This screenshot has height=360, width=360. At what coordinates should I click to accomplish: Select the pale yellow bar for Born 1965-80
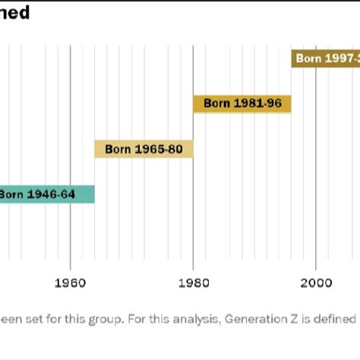click(144, 149)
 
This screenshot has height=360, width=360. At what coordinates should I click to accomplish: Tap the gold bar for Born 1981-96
click(242, 103)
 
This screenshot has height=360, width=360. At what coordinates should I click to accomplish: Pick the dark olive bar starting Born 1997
click(325, 58)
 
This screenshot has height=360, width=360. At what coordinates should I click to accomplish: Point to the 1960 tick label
click(70, 283)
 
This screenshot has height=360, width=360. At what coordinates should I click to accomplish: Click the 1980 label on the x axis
click(193, 283)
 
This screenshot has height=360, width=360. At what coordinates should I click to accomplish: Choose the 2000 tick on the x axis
click(315, 283)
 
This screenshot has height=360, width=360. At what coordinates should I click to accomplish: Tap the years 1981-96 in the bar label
click(257, 103)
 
